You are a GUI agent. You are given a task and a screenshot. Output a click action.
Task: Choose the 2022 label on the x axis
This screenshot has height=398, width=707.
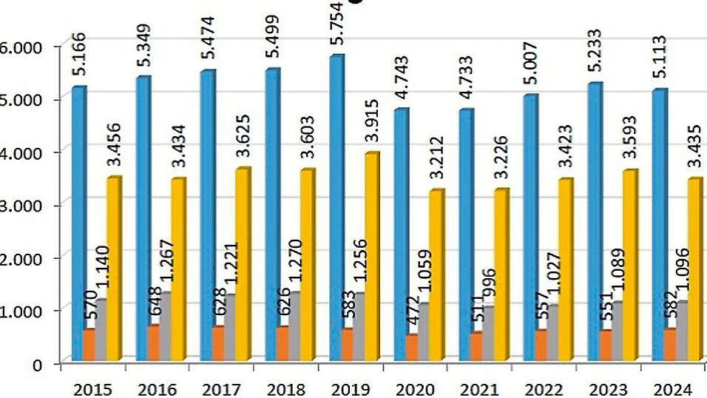[x=543, y=389]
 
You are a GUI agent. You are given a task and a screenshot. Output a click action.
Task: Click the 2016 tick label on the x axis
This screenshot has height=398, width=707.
[x=157, y=389]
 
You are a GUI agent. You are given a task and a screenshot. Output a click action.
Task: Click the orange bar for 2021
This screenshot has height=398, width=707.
[x=476, y=347]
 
